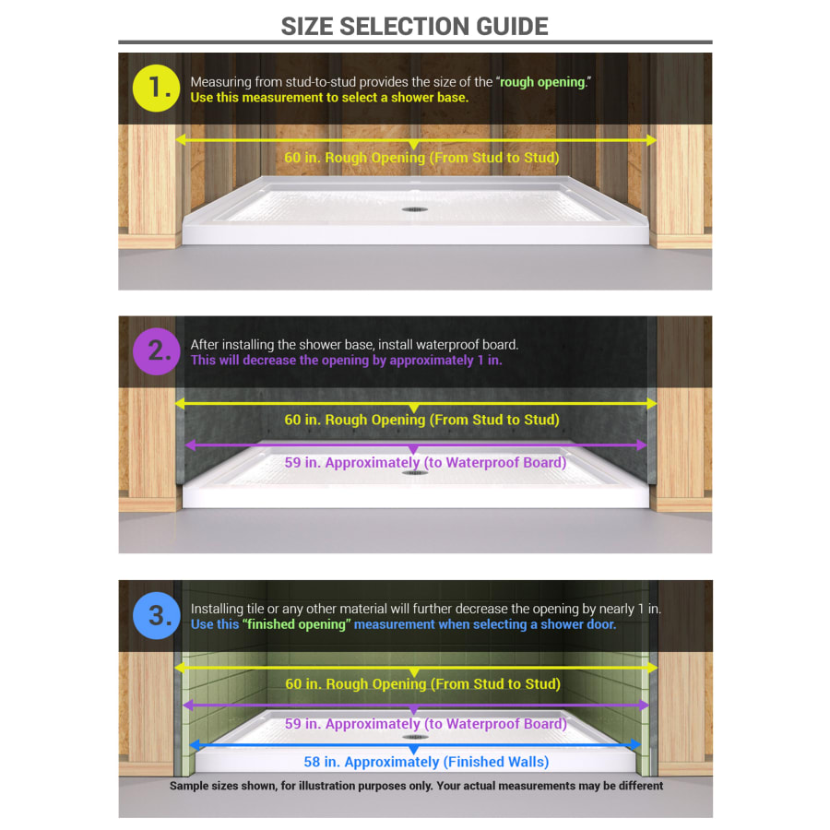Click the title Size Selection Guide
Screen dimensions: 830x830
click(415, 26)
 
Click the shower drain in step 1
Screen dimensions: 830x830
click(414, 209)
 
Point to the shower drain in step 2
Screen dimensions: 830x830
click(414, 472)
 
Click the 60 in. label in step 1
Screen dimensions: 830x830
click(421, 158)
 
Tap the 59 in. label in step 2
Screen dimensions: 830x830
click(424, 462)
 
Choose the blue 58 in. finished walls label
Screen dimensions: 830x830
click(426, 762)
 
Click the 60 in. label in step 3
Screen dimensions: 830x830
click(421, 684)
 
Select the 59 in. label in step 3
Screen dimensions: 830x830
click(424, 724)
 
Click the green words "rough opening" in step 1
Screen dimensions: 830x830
click(542, 82)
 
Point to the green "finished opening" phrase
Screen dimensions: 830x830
click(296, 624)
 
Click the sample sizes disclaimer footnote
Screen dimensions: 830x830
click(416, 787)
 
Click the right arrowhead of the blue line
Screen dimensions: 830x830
click(635, 744)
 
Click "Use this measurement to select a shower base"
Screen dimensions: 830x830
click(329, 97)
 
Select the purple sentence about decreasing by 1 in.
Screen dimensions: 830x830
click(346, 361)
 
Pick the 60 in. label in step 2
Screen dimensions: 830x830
click(421, 420)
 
